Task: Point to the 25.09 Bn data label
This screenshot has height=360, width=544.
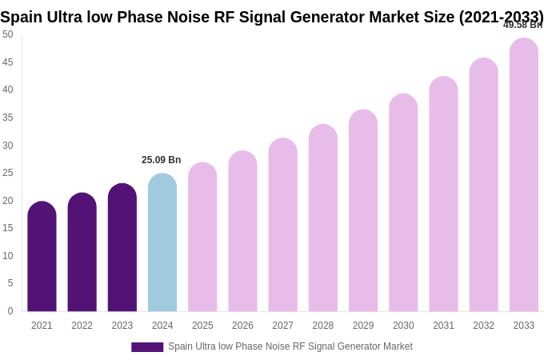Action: pos(162,160)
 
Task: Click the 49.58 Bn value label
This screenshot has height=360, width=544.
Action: pos(522,25)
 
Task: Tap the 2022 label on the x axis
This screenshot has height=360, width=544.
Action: pos(82,326)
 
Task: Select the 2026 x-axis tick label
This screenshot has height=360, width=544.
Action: pos(242,326)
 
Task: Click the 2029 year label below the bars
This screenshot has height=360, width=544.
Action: pos(363,326)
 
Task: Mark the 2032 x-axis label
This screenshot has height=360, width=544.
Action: pos(483,326)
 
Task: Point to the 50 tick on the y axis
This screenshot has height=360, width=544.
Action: pos(8,34)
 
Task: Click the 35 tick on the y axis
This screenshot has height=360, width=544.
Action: pos(8,118)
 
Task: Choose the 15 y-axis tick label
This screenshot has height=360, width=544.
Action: pos(8,228)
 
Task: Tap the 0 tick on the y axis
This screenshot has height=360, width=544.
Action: pos(10,311)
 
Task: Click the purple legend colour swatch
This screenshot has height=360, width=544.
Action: pos(147,347)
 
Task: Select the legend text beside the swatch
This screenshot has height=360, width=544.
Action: pos(290,346)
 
